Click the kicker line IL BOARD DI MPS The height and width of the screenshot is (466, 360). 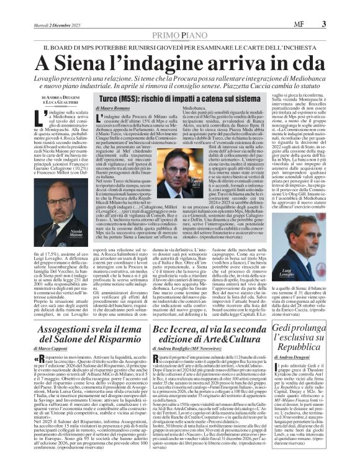(x=179, y=47)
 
